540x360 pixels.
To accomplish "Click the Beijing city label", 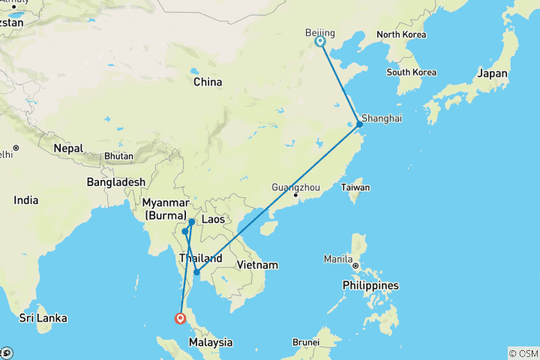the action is (320, 32).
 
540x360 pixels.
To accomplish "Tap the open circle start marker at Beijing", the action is (320, 42).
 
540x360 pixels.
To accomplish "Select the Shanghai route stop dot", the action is (359, 124).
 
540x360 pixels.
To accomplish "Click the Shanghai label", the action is (382, 118).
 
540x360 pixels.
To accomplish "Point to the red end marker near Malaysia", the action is (180, 318).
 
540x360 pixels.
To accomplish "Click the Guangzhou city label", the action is (295, 187).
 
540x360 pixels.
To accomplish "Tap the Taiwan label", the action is (356, 187).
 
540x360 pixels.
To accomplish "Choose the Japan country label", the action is (493, 73).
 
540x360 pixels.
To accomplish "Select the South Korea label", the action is (412, 72).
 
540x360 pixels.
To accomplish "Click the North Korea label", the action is (401, 34).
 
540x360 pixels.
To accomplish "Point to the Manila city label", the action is (338, 259).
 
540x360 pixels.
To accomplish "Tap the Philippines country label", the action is (370, 286).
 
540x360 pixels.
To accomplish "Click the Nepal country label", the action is (68, 148).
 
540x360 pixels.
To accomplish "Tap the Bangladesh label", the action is (115, 182).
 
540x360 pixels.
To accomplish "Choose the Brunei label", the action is (306, 342).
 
